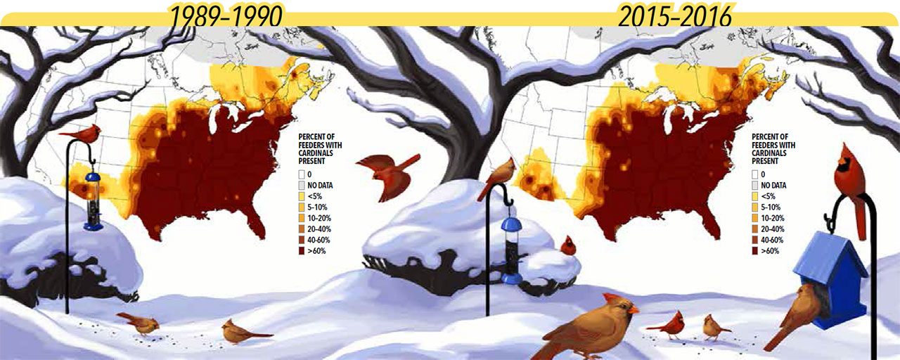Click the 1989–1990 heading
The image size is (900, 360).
click(225, 14)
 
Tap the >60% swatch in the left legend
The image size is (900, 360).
click(302, 250)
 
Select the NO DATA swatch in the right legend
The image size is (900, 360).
click(755, 186)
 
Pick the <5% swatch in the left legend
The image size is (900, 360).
click(302, 196)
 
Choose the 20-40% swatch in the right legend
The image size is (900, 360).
click(755, 229)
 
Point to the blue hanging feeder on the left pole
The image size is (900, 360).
click(93, 201)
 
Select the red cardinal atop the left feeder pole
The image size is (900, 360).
click(82, 132)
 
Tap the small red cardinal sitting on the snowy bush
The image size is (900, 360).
click(567, 245)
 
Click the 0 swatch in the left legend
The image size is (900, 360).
click(302, 175)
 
